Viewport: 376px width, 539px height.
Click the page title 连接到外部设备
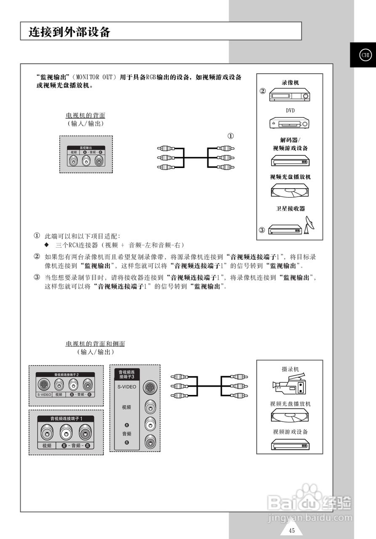point(69,32)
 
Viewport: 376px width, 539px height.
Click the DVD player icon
point(290,123)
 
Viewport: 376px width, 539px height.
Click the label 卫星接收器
point(290,208)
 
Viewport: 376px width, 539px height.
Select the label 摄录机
point(290,369)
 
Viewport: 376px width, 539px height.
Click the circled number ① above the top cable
point(230,136)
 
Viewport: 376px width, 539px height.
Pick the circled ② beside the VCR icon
point(262,91)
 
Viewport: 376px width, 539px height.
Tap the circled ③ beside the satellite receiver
point(262,230)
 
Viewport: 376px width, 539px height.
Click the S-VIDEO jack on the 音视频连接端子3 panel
point(149,387)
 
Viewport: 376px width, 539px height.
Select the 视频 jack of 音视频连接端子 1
point(47,432)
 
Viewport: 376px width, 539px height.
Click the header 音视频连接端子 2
point(66,374)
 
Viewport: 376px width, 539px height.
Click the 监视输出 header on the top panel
point(86,148)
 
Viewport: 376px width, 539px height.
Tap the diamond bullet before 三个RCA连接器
point(47,245)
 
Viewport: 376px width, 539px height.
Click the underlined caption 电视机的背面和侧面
point(95,344)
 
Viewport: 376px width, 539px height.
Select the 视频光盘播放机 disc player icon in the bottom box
point(290,416)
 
